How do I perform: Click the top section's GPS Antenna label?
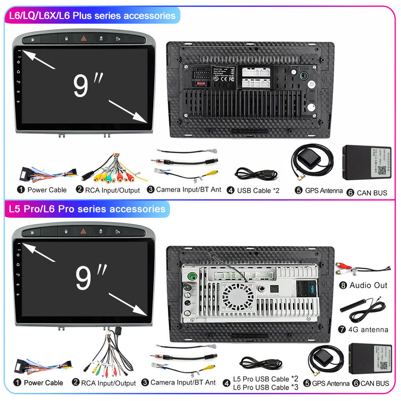click(324, 190)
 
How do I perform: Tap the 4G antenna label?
click(369, 330)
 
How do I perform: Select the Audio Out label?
click(368, 285)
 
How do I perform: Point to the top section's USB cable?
click(255, 173)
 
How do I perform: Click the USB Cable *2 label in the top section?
click(258, 190)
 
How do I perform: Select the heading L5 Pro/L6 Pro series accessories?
click(87, 209)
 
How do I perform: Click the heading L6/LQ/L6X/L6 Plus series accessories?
click(92, 16)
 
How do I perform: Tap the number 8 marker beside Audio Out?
click(343, 286)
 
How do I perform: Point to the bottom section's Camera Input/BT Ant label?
click(183, 382)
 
